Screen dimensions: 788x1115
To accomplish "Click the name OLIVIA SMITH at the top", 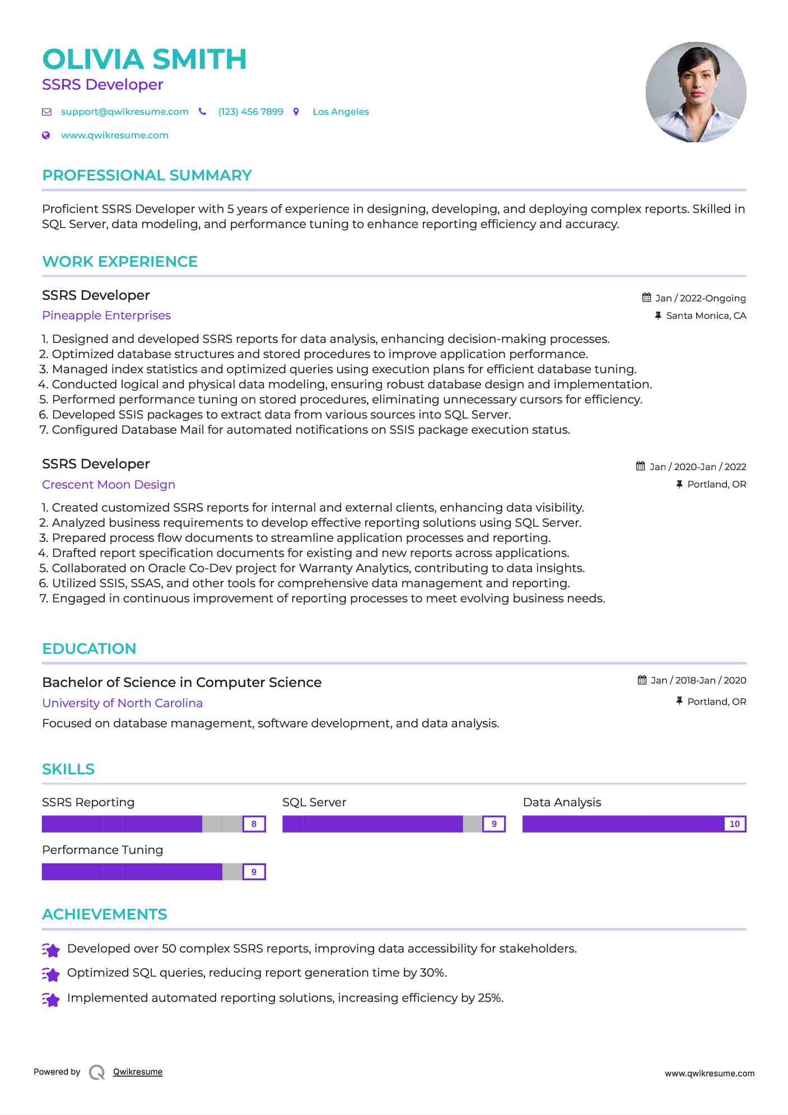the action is pos(144,59).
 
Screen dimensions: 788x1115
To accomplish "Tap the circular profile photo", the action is pos(696,92).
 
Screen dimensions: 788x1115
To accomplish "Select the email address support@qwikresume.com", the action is pos(124,112).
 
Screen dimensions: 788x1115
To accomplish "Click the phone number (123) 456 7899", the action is pos(250,112).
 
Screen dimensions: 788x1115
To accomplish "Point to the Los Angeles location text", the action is pos(341,112).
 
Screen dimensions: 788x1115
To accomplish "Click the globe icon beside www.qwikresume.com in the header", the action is pos(46,135).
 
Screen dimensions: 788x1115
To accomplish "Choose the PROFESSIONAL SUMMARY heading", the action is pos(147,175).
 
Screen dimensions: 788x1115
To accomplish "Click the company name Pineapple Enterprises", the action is pos(106,315).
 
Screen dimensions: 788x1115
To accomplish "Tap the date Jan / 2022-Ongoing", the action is pos(700,298).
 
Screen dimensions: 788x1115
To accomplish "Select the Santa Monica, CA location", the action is pos(706,315).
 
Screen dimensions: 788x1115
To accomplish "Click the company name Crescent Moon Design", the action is pos(109,485).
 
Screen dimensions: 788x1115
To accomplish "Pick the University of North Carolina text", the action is pos(122,703).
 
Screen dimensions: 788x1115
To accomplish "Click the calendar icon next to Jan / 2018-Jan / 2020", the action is pos(642,680).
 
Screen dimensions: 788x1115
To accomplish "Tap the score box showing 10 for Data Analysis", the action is pos(734,824).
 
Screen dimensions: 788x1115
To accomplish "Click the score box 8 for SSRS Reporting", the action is pos(254,824).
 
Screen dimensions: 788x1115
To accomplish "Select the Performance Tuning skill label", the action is pos(102,850).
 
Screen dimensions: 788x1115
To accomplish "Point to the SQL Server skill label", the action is pos(314,802).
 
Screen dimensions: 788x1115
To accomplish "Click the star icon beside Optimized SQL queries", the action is pos(51,974).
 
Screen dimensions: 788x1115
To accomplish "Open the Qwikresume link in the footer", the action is pos(138,1072).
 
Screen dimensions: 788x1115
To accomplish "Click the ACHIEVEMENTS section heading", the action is pos(105,914).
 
